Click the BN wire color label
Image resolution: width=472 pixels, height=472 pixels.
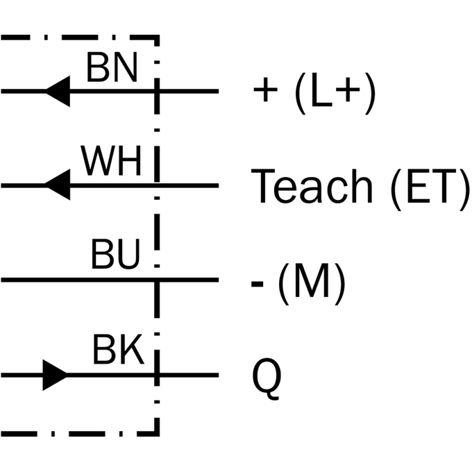112,67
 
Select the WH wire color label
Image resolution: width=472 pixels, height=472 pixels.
111,161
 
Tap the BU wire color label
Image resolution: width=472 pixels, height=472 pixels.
115,254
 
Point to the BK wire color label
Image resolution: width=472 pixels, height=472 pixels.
118,349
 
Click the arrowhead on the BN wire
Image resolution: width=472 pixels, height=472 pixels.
58,91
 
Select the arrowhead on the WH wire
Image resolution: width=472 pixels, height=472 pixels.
58,185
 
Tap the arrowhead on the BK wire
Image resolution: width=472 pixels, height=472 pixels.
55,375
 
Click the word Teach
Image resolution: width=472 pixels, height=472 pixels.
312,186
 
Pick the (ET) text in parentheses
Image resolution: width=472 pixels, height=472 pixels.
430,189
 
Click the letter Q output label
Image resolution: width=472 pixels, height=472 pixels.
267,379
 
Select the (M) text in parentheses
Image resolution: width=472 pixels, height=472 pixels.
311,284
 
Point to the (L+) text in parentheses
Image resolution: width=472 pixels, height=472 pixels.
335,93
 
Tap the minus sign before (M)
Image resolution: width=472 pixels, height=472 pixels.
257,283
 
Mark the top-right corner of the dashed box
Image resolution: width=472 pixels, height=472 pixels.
157,37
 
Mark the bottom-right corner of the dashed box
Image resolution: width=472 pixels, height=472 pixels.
157,434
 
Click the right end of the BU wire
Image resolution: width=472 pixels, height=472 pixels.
219,280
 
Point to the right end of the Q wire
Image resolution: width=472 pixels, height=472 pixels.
219,375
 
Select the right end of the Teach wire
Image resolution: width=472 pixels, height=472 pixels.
219,185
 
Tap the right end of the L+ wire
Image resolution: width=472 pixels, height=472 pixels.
219,91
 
